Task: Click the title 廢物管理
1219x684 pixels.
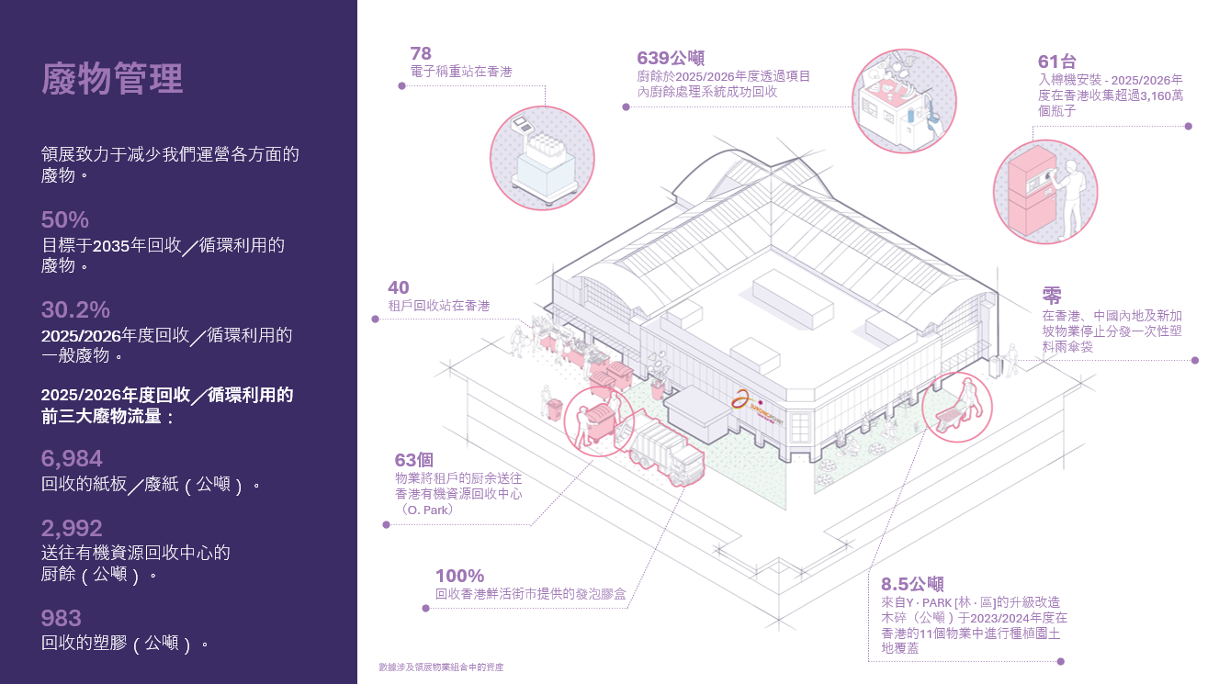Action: pyautogui.click(x=112, y=79)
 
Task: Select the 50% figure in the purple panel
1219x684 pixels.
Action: pyautogui.click(x=64, y=219)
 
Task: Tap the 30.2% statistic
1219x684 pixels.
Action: pyautogui.click(x=75, y=310)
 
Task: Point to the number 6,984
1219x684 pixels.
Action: pyautogui.click(x=72, y=458)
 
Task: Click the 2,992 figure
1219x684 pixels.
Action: pyautogui.click(x=72, y=528)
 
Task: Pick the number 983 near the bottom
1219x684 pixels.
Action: pyautogui.click(x=61, y=618)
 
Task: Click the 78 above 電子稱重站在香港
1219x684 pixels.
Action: pyautogui.click(x=421, y=53)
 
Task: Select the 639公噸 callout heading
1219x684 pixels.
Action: pyautogui.click(x=671, y=58)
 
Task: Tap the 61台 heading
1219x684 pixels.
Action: pyautogui.click(x=1056, y=62)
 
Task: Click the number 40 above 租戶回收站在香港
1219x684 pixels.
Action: pyautogui.click(x=399, y=287)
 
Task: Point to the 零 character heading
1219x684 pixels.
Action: pyautogui.click(x=1052, y=296)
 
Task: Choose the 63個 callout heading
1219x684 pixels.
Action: pyautogui.click(x=414, y=460)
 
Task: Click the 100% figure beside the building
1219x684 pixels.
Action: pyautogui.click(x=460, y=576)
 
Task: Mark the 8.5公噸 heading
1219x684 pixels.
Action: pyautogui.click(x=912, y=584)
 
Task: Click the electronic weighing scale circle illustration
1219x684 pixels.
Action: pyautogui.click(x=542, y=158)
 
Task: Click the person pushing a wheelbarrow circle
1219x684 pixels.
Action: pyautogui.click(x=956, y=408)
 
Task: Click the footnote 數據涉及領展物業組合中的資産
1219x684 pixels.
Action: pyautogui.click(x=441, y=667)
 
